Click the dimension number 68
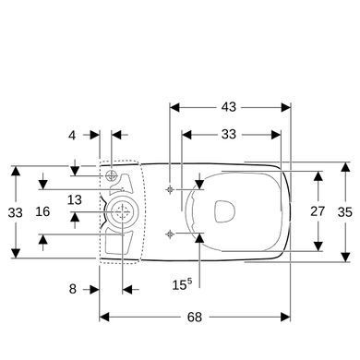(x=195, y=317)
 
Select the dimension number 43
(x=229, y=107)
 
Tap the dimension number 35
(x=345, y=212)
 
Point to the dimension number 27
(x=318, y=211)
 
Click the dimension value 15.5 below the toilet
(x=182, y=284)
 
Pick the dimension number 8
(x=73, y=289)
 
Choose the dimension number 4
(x=72, y=135)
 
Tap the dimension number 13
(x=75, y=200)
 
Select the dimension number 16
(x=42, y=211)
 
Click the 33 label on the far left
(x=16, y=212)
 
